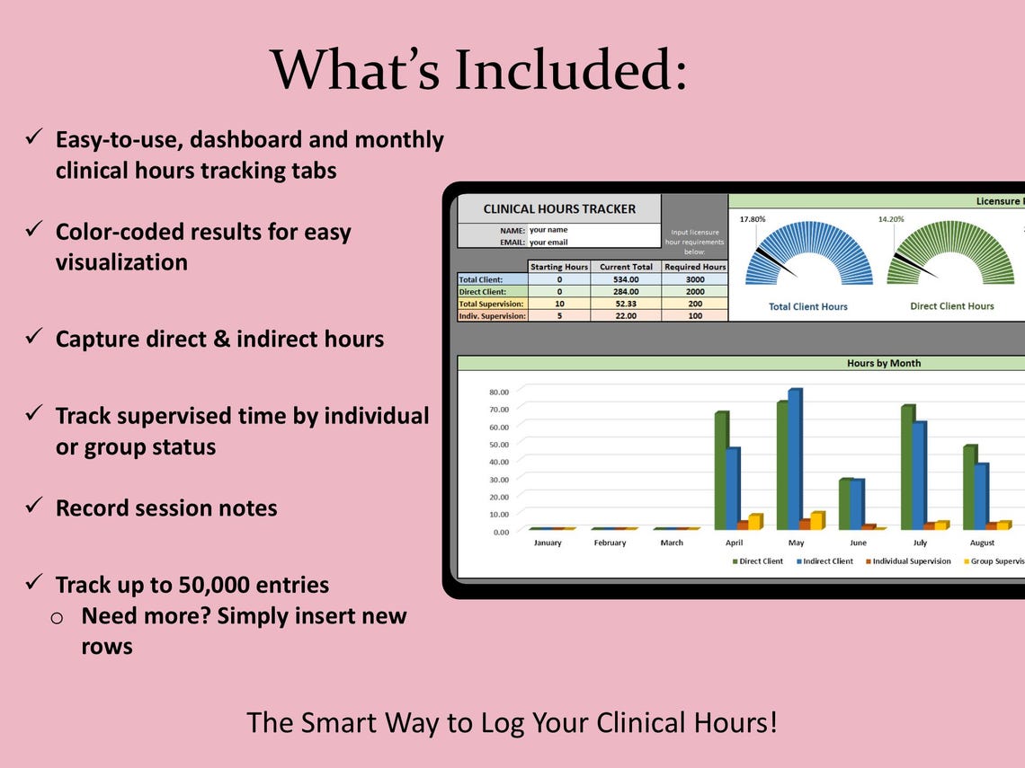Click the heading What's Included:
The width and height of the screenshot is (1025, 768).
pos(479,69)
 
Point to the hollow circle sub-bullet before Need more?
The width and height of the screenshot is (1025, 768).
pos(57,617)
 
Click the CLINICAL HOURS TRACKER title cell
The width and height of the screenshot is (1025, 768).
pos(558,208)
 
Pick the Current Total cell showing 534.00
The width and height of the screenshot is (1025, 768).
pos(626,279)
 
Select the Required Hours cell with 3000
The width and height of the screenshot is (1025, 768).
pos(694,279)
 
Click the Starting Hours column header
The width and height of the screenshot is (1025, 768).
pos(558,267)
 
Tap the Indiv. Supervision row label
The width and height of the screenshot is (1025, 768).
pos(492,316)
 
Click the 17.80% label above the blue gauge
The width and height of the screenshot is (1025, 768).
pos(753,219)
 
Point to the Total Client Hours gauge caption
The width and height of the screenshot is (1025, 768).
pos(807,306)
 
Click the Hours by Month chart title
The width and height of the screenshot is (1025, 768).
pos(883,364)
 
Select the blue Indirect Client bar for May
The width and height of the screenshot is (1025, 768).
pos(794,458)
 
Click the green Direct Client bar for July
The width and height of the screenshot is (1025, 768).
pos(906,467)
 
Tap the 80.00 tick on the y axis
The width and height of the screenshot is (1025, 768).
pos(498,392)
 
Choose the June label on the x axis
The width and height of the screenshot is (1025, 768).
pos(858,543)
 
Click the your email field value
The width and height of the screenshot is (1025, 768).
pos(548,243)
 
